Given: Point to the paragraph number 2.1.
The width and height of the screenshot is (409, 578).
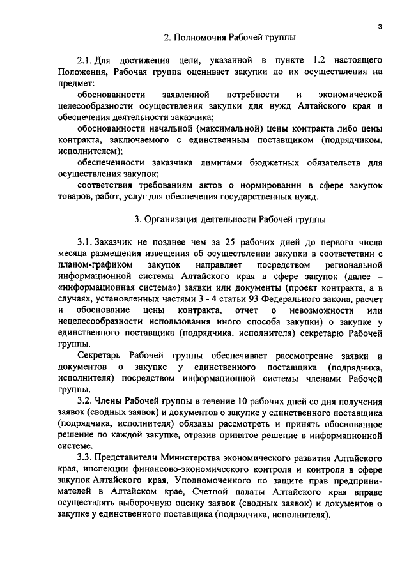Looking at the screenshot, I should coord(85,61).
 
